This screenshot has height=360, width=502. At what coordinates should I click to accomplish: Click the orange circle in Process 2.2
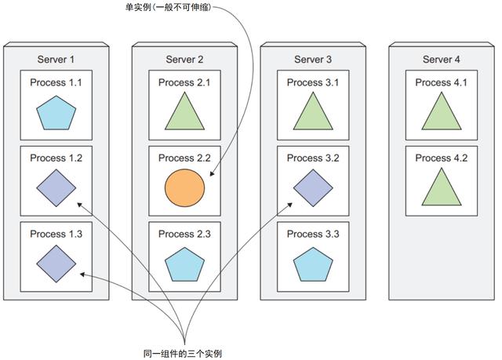tap(184, 188)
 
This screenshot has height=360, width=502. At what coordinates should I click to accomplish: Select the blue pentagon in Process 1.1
tap(56, 112)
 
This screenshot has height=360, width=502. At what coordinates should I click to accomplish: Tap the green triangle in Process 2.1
tap(184, 111)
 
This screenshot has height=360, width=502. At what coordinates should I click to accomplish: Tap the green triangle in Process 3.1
tap(313, 111)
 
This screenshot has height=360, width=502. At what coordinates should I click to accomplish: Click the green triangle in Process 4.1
tap(442, 111)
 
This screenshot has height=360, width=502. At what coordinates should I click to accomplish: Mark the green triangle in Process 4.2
tap(442, 188)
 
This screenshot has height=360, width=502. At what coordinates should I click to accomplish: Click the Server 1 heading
tap(56, 60)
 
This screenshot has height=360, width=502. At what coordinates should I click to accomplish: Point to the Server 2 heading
tap(184, 60)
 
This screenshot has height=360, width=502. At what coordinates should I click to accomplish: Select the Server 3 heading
tap(313, 60)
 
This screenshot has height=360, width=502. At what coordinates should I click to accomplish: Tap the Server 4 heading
tap(442, 60)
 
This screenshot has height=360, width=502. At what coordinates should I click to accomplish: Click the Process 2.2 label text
tap(184, 158)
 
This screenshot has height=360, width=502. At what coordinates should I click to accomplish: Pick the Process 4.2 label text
tap(442, 158)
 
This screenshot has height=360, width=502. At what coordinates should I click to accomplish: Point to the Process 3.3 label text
tap(313, 235)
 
